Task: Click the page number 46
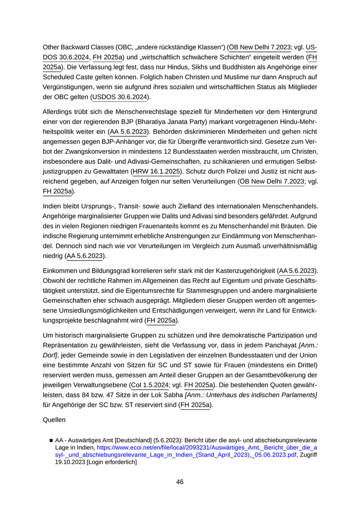point(180,482)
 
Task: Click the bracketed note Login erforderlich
point(113,462)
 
